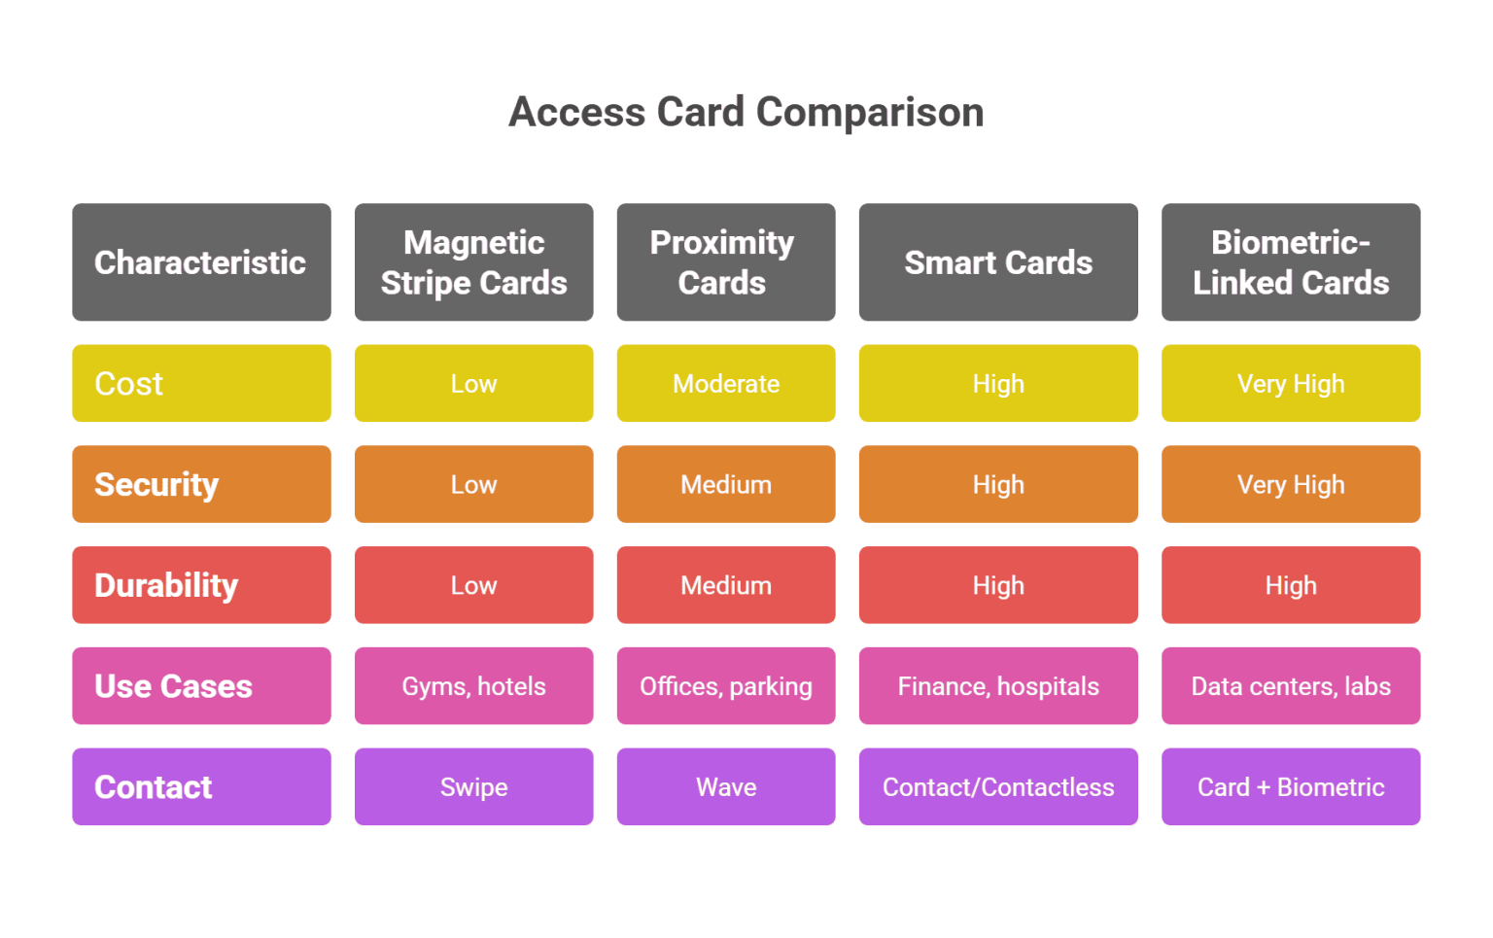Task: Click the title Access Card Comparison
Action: pos(746,112)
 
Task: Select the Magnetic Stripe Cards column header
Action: pos(473,262)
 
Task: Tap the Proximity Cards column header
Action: pos(725,262)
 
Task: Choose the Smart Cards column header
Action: pos(998,262)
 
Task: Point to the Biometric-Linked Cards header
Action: pos(1291,262)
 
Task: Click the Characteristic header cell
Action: pos(201,262)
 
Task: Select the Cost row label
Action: pos(201,383)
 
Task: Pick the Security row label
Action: pos(201,484)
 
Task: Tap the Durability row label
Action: pos(201,585)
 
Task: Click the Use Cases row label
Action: pos(201,686)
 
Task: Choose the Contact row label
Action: pos(201,786)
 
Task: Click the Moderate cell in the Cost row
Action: pos(725,383)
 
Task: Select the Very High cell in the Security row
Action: pos(1291,484)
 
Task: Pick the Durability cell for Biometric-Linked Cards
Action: pos(1291,585)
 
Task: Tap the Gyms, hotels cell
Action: pos(473,686)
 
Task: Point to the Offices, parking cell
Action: pos(725,686)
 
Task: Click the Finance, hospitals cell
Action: pos(998,686)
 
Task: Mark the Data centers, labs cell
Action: pos(1291,686)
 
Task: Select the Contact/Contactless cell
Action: pos(998,786)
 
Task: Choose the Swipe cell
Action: pos(473,786)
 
